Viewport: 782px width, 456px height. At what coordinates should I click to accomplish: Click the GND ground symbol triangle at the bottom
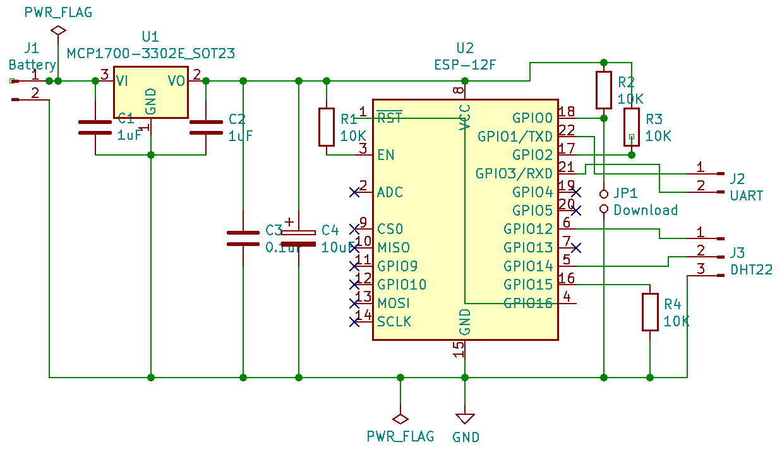tap(465, 418)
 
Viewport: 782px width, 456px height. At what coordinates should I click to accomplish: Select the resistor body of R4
tap(650, 312)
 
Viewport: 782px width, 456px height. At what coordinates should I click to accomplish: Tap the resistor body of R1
tap(327, 127)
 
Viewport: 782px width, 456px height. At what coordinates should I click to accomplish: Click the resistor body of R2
tap(604, 90)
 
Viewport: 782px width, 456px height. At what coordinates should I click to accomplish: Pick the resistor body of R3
tap(632, 127)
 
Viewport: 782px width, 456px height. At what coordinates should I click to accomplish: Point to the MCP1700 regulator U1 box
tap(151, 92)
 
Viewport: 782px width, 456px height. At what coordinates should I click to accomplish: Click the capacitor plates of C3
tap(243, 238)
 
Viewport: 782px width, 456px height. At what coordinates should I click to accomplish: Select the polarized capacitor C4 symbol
tap(299, 238)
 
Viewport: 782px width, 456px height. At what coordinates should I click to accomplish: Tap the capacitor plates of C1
tap(95, 127)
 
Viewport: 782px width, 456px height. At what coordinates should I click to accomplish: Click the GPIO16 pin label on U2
tap(528, 303)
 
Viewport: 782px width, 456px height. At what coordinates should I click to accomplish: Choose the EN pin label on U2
tap(386, 155)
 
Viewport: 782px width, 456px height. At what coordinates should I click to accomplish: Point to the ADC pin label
tap(390, 192)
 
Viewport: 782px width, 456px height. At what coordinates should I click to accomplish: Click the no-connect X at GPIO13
tap(576, 248)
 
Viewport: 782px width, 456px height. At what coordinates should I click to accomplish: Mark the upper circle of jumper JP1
tap(604, 194)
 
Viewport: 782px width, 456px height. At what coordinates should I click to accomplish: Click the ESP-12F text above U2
tap(465, 65)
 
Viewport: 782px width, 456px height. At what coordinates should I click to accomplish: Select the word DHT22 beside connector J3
tap(751, 270)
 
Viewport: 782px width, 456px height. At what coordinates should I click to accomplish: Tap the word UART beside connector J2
tap(747, 195)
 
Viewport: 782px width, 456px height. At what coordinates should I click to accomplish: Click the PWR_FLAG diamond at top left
tap(58, 30)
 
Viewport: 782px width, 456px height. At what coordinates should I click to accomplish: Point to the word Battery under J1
tap(32, 65)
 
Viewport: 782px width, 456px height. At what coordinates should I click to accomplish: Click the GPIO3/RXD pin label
tap(514, 173)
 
